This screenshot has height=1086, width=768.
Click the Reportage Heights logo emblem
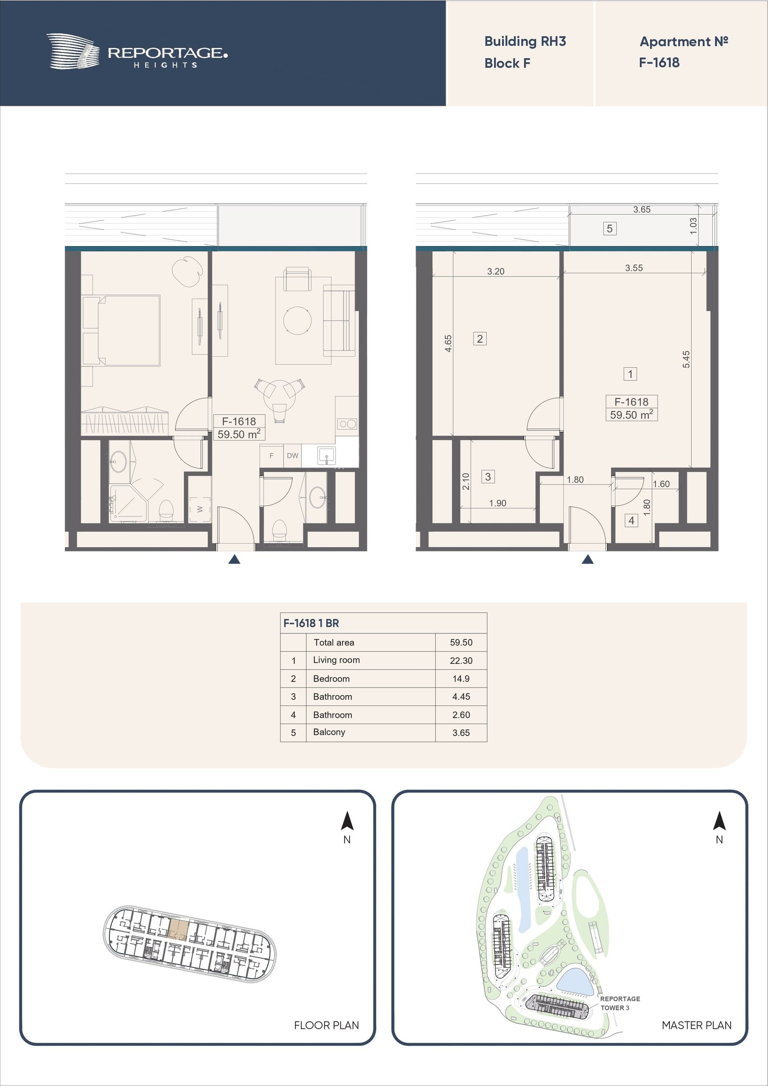click(x=73, y=51)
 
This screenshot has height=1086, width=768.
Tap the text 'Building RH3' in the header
click(x=525, y=42)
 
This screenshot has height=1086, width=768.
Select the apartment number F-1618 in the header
click(x=659, y=62)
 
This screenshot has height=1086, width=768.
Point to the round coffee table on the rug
click(x=297, y=320)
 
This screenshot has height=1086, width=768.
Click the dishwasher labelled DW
click(x=292, y=456)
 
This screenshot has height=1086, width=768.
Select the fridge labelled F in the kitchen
click(x=271, y=456)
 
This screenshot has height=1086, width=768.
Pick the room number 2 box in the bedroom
click(x=479, y=339)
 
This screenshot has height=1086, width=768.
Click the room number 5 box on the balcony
click(x=609, y=229)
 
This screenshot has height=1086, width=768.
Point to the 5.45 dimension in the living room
click(x=686, y=359)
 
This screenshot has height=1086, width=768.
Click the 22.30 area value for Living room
click(x=461, y=661)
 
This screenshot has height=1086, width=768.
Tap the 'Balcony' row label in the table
click(x=329, y=732)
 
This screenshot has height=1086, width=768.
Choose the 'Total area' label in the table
click(x=334, y=642)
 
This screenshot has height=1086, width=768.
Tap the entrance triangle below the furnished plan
click(x=234, y=560)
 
